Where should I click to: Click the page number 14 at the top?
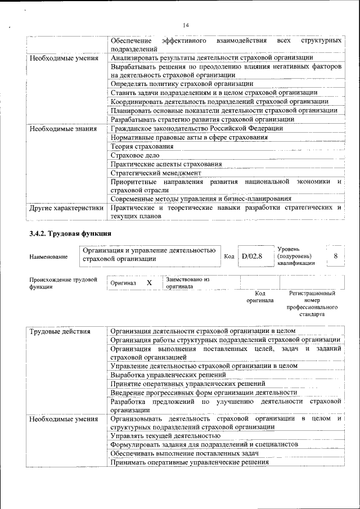pyautogui.click(x=186, y=25)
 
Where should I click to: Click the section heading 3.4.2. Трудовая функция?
pyautogui.click(x=70, y=233)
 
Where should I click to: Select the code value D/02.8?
pyautogui.click(x=253, y=256)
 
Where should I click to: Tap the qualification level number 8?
pyautogui.click(x=336, y=256)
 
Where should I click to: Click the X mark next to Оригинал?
pyautogui.click(x=149, y=283)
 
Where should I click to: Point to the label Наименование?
pyautogui.click(x=48, y=256)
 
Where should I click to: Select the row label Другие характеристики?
pyautogui.click(x=66, y=208)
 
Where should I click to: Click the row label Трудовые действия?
pyautogui.click(x=60, y=331)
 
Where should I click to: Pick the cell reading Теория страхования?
pyautogui.click(x=142, y=146)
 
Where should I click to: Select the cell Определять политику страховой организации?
pyautogui.click(x=182, y=84)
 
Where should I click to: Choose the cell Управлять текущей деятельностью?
pyautogui.click(x=165, y=435)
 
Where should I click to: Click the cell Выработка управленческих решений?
pyautogui.click(x=168, y=374)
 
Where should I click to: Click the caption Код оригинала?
pyautogui.click(x=259, y=297)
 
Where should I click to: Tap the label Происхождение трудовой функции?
pyautogui.click(x=63, y=283)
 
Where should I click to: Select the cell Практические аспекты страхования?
pyautogui.click(x=166, y=164)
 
